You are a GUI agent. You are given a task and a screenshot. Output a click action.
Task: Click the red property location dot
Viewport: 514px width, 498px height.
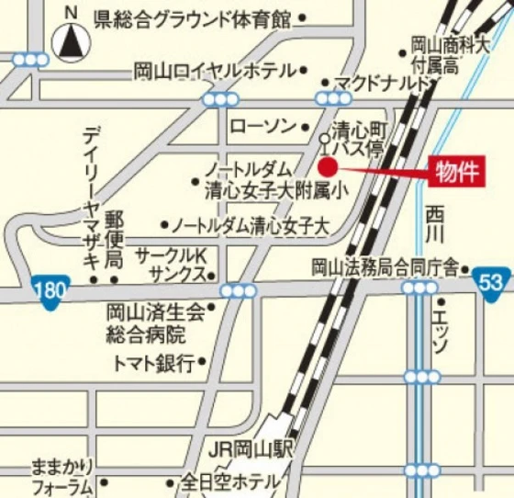(328, 166)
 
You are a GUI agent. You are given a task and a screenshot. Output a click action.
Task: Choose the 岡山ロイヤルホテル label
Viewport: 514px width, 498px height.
(215, 71)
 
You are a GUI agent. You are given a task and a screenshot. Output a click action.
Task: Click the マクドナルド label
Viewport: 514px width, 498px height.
(383, 84)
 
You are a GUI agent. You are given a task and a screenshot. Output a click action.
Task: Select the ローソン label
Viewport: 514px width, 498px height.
(264, 125)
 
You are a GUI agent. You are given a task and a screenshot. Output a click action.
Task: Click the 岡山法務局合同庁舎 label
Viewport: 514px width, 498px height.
(384, 267)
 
